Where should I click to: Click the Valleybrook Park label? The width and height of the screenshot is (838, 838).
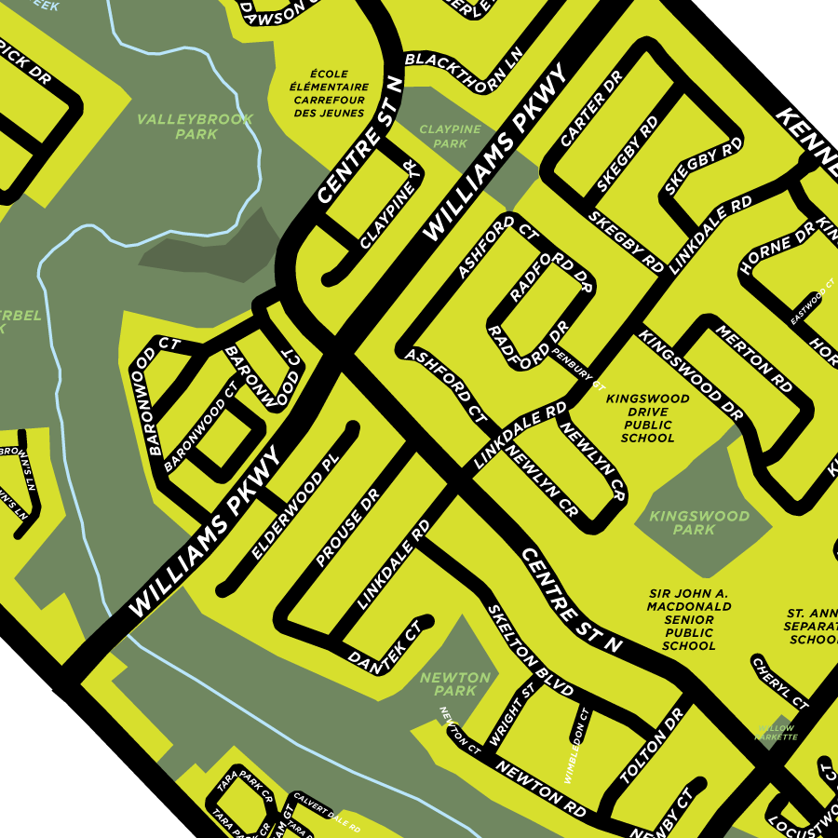(177, 127)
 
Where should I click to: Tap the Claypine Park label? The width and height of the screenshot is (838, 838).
(450, 136)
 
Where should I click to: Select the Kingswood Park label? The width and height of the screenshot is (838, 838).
(699, 522)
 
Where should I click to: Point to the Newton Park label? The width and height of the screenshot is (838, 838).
(454, 683)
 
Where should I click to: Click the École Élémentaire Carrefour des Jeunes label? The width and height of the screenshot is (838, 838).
(331, 93)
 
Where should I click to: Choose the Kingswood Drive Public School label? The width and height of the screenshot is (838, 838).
(647, 418)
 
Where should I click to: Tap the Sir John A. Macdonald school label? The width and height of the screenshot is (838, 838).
(689, 619)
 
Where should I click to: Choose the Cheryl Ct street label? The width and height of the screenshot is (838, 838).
(779, 683)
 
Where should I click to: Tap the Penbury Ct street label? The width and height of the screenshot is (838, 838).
(578, 367)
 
